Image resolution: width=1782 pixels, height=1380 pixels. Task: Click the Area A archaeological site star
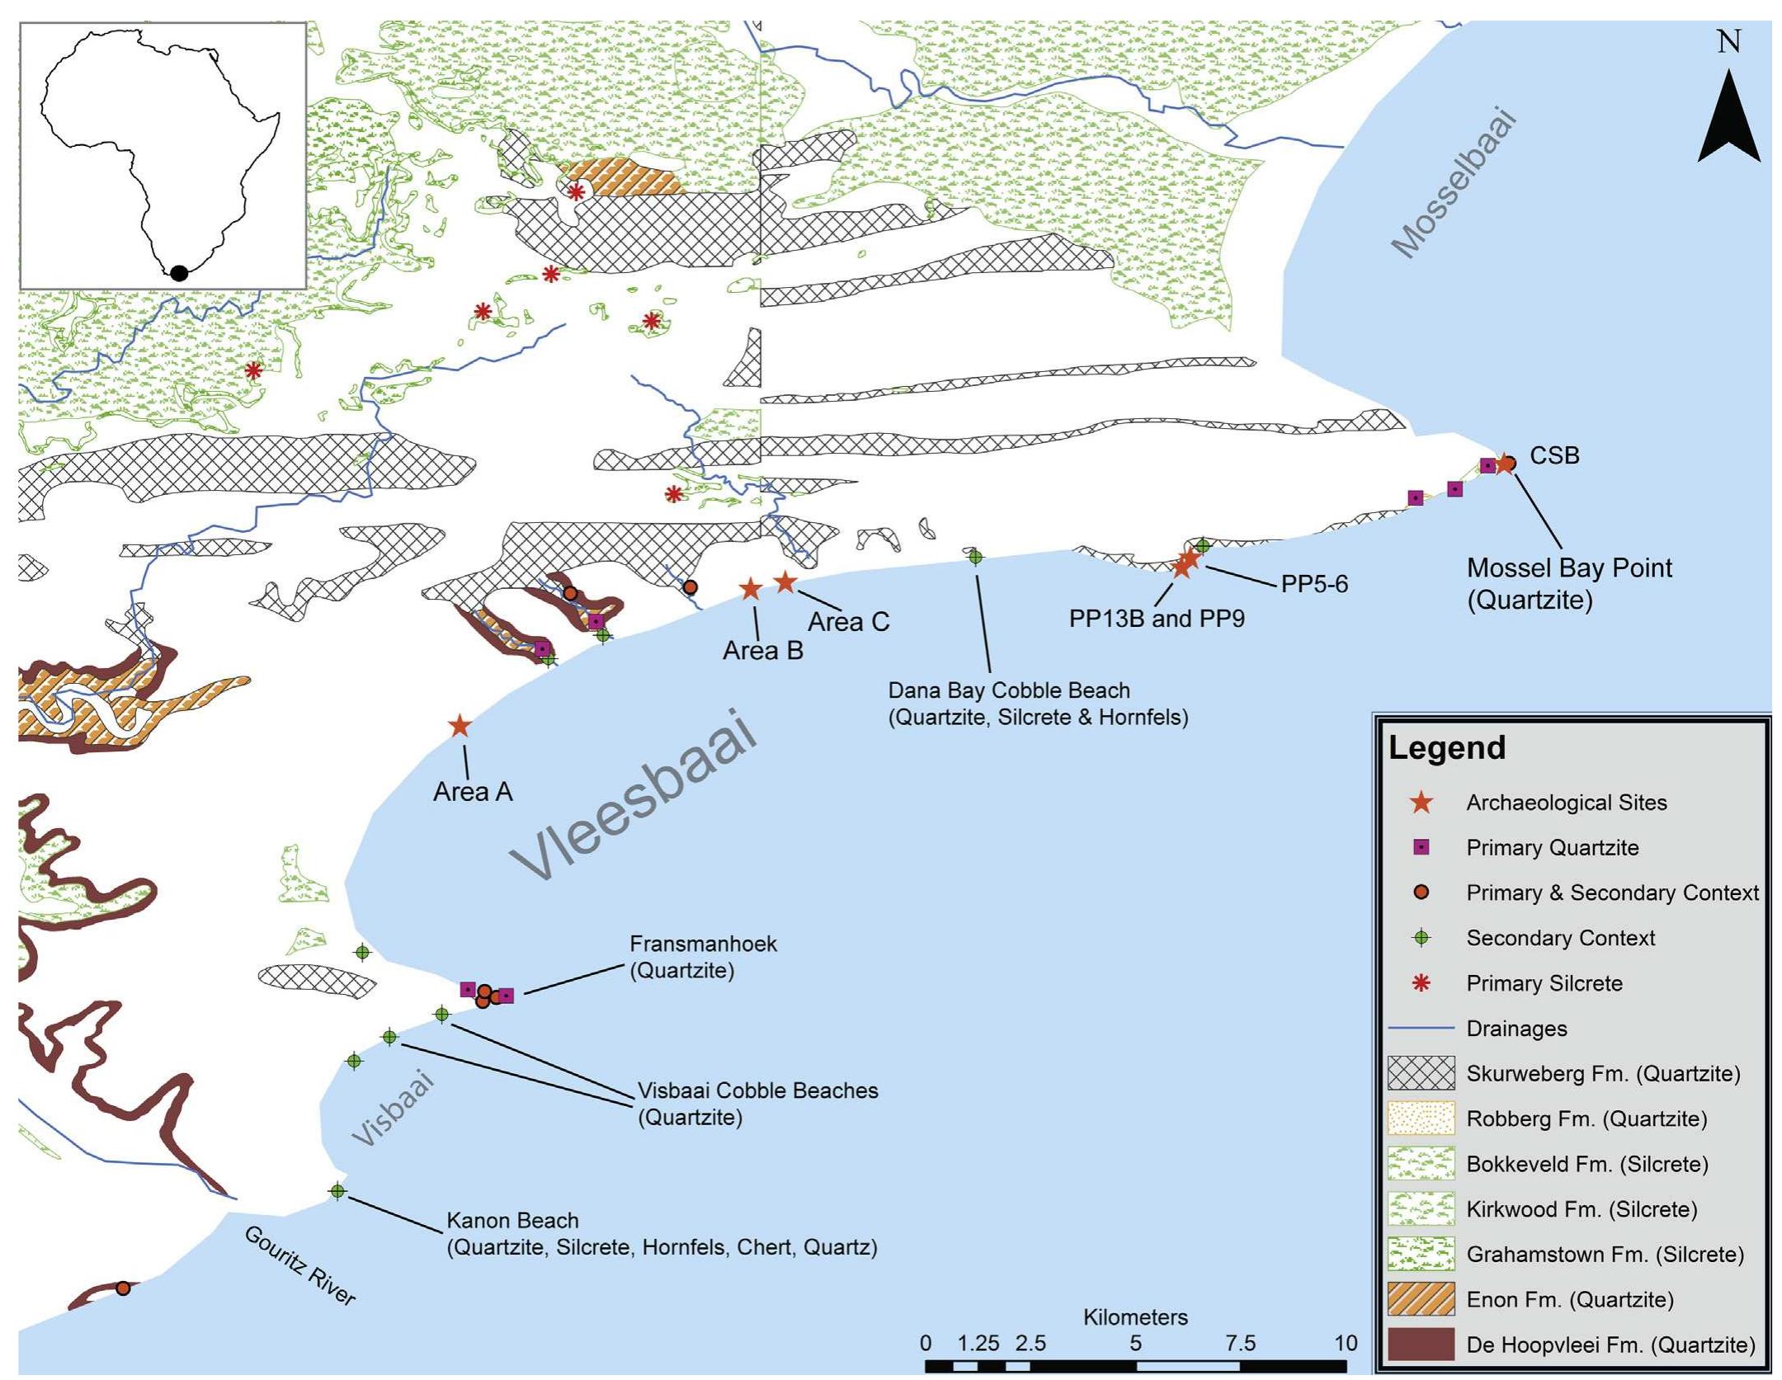point(460,727)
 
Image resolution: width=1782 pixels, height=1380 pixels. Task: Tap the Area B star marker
point(750,589)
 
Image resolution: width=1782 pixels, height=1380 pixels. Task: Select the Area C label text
point(848,622)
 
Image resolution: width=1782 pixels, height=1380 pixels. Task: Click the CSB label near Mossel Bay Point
point(1554,456)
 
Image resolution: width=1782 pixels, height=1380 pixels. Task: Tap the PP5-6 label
point(1314,584)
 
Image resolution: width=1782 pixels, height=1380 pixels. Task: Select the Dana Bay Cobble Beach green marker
point(975,557)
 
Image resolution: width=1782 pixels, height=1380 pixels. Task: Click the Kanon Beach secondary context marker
point(337,1191)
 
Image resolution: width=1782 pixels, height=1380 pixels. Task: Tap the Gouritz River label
point(300,1265)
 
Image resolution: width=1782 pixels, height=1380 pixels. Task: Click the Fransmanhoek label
point(703,944)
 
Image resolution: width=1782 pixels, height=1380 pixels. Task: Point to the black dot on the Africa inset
point(179,273)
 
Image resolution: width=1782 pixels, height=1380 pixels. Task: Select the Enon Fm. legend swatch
point(1421,1299)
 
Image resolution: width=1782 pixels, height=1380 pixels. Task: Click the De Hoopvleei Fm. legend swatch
point(1421,1345)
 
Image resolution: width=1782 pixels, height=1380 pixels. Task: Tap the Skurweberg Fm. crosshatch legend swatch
point(1421,1073)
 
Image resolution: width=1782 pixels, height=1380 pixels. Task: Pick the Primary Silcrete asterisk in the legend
point(1421,983)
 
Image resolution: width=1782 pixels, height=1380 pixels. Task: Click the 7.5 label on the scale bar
point(1240,1343)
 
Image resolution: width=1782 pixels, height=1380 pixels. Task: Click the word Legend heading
point(1447,747)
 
